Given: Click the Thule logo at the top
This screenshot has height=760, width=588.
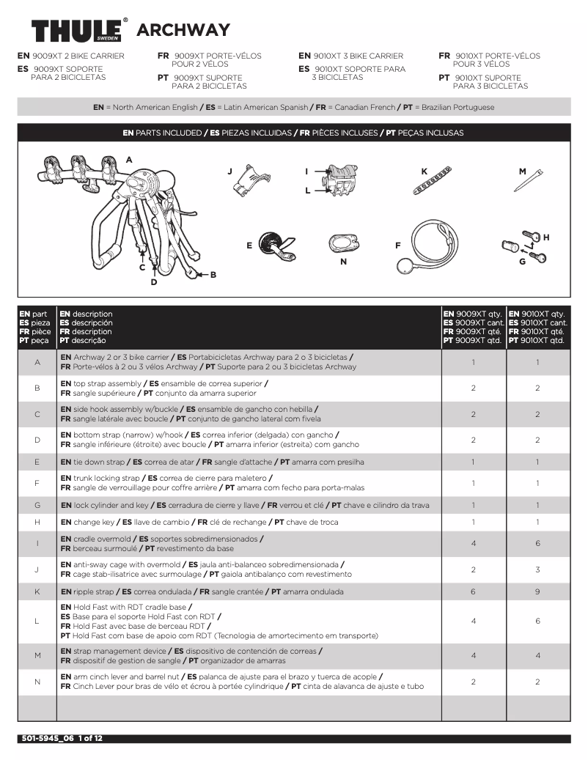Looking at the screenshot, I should point(79,31).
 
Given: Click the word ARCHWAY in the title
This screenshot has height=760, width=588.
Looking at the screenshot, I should point(183,31).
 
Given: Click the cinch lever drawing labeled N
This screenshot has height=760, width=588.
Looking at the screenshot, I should point(342,243).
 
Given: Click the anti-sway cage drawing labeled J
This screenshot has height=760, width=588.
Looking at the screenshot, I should point(247,181).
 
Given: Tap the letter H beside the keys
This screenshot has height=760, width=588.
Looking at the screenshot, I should point(546,237).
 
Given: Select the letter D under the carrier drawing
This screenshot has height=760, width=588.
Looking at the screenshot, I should point(154,281).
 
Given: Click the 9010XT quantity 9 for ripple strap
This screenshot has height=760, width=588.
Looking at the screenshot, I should point(537,591).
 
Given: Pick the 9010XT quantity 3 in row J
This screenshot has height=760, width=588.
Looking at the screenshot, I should point(537,569).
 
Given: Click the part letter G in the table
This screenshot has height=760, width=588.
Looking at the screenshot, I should point(37,505).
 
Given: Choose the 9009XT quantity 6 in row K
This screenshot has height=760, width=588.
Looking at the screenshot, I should point(473,591).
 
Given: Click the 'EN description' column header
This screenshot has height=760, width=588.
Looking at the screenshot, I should point(87,314).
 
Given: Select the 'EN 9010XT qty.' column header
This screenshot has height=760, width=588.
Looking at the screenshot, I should point(537,314).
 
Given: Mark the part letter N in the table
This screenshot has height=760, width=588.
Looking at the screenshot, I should point(37,682).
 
